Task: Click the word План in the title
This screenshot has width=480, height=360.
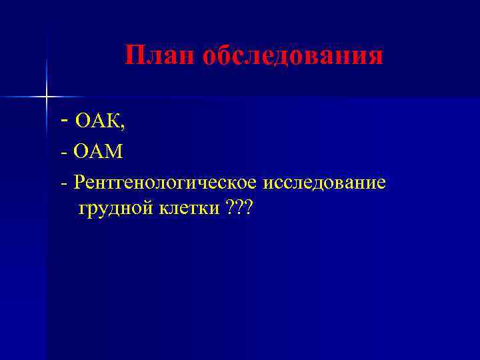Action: (x=160, y=56)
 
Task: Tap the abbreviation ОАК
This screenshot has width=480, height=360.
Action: (x=97, y=121)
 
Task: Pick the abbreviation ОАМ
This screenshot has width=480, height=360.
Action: (x=99, y=152)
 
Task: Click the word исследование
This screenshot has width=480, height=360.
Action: (x=325, y=182)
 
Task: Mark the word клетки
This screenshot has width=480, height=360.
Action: (x=189, y=209)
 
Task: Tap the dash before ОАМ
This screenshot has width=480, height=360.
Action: (x=64, y=153)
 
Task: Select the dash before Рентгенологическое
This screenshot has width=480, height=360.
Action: (x=64, y=183)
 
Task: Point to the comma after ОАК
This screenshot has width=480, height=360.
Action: (x=122, y=127)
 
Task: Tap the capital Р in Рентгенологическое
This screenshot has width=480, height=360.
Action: (x=80, y=181)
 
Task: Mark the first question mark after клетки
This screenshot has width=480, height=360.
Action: (x=230, y=209)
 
